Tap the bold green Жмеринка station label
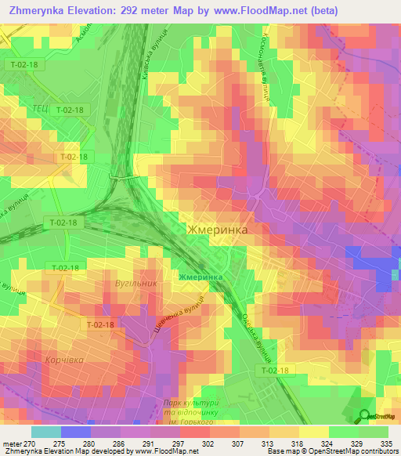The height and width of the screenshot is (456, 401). (200, 277)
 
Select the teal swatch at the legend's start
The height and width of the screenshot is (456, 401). (46, 431)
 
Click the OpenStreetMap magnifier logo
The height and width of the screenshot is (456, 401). (364, 415)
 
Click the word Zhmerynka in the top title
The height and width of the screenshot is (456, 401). (38, 10)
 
